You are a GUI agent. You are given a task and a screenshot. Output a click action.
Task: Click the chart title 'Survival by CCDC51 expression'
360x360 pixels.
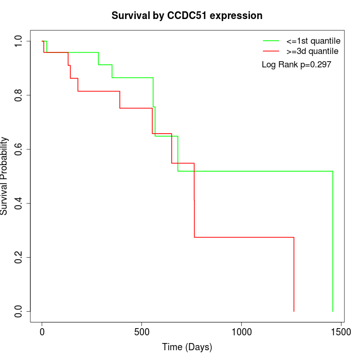(x=187, y=16)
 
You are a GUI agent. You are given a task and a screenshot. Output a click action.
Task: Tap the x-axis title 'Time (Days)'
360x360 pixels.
(x=187, y=347)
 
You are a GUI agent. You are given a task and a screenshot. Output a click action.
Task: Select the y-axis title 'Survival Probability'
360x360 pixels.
(x=5, y=176)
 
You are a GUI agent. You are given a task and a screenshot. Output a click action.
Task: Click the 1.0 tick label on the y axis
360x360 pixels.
(x=19, y=41)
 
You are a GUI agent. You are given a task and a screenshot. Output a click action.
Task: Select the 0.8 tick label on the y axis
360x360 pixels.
(x=19, y=95)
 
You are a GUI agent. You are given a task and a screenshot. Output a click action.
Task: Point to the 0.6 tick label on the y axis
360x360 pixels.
(x=19, y=149)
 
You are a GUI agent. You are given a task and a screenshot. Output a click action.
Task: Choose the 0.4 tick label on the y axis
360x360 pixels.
(x=19, y=203)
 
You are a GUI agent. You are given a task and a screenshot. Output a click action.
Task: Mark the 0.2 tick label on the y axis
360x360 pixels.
(x=19, y=257)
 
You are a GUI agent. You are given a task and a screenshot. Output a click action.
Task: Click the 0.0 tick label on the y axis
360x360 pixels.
(x=19, y=311)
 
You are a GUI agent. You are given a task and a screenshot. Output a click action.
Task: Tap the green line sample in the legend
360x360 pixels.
(x=271, y=40)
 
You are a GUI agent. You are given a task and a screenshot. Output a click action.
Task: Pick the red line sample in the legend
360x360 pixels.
(x=271, y=51)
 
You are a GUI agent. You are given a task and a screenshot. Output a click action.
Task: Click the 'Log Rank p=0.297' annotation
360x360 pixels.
(x=296, y=65)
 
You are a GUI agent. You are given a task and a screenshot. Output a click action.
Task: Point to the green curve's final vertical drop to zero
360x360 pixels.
(x=333, y=242)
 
